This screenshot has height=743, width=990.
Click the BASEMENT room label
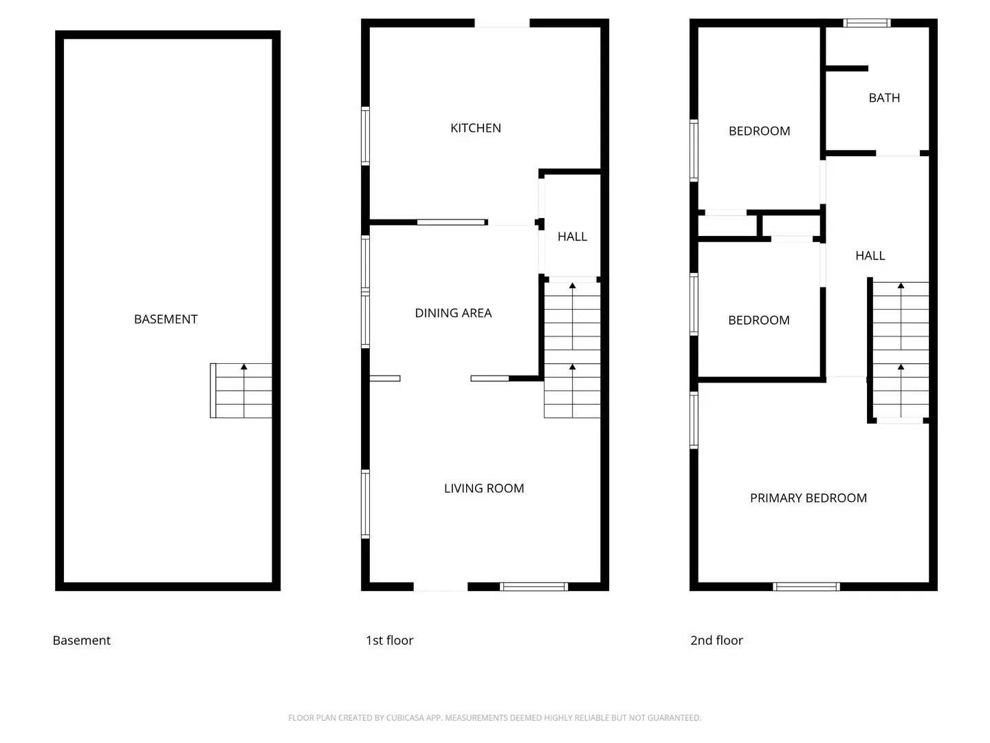(166, 319)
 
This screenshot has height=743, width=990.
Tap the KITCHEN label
(476, 128)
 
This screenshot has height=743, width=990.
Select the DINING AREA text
(453, 313)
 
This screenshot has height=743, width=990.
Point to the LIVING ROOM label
(484, 488)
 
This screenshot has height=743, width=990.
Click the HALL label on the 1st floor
(572, 237)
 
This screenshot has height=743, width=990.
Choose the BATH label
(884, 98)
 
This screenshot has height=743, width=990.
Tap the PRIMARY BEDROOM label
(808, 498)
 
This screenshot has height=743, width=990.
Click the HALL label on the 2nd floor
(870, 256)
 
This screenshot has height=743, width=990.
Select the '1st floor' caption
(389, 640)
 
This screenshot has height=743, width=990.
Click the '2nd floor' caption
(716, 640)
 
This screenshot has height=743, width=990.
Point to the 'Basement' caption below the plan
(81, 640)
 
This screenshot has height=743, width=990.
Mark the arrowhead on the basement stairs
(244, 367)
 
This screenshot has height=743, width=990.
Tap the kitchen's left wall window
(366, 136)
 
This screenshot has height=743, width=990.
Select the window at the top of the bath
(867, 23)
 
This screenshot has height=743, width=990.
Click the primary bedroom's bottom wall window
(806, 587)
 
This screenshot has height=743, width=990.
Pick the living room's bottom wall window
(533, 587)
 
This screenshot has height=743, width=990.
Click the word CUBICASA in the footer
(405, 718)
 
